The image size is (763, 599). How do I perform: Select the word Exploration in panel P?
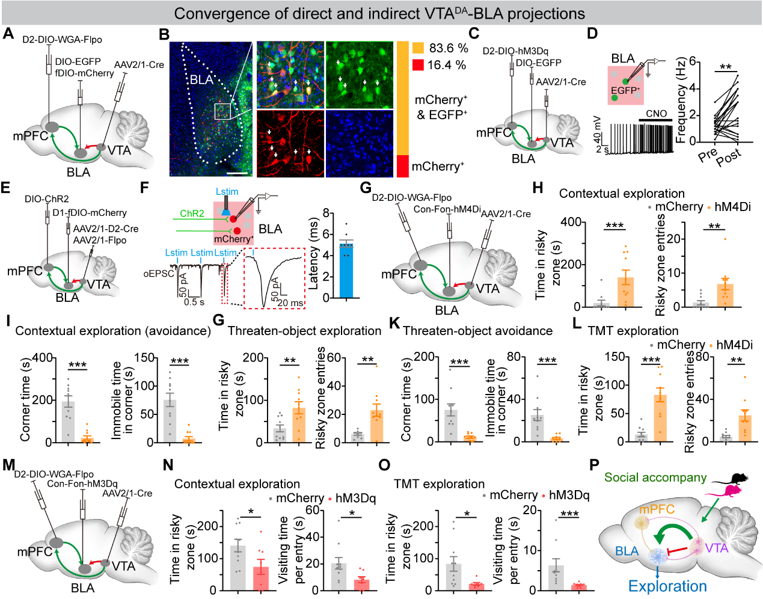pyautogui.click(x=667, y=586)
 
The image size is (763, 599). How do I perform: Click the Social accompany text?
pyautogui.click(x=655, y=478)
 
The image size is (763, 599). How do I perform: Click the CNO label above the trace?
pyautogui.click(x=656, y=114)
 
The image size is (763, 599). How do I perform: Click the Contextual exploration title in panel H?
pyautogui.click(x=622, y=194)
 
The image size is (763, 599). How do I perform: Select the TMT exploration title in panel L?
pyautogui.click(x=633, y=331)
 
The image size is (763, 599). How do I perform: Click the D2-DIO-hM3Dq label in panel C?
pyautogui.click(x=515, y=51)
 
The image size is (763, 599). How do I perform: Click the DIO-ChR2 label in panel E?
pyautogui.click(x=47, y=199)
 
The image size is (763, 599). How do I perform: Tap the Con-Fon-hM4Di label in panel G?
pyautogui.click(x=447, y=209)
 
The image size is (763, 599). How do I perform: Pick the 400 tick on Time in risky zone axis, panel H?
pyautogui.click(x=571, y=223)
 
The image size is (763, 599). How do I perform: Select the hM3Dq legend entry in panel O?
pyautogui.click(x=569, y=496)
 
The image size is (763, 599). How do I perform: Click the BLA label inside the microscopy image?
pyautogui.click(x=202, y=80)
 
